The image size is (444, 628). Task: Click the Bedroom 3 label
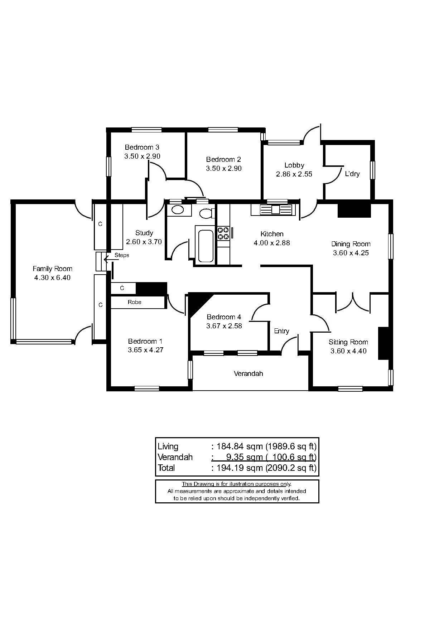[x=142, y=147]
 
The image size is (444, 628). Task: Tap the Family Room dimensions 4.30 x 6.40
[x=52, y=277]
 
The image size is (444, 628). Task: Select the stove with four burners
[x=223, y=233]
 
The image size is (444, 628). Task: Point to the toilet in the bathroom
[x=207, y=213]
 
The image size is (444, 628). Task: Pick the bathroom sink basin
[x=177, y=210]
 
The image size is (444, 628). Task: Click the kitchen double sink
[x=276, y=209]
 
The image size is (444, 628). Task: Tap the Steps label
[x=122, y=255]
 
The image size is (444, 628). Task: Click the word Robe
[x=135, y=302]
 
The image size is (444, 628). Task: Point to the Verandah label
[x=248, y=373]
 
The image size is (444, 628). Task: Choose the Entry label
[x=281, y=331]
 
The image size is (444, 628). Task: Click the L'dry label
[x=352, y=174]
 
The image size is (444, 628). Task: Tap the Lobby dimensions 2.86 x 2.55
[x=294, y=174]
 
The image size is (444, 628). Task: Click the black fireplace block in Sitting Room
[x=383, y=343]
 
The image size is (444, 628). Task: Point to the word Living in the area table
[x=168, y=446]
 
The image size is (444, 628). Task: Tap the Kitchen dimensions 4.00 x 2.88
[x=272, y=243]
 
